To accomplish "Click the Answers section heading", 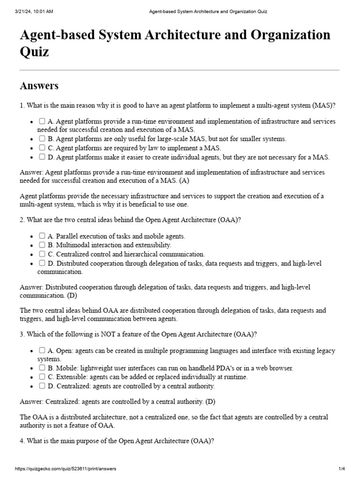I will click(39, 86).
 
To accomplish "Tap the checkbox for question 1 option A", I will click(42, 121).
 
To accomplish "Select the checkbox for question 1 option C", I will click(42, 148).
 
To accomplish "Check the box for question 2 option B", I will click(42, 245).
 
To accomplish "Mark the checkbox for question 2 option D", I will click(42, 263).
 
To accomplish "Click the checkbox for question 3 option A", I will click(42, 350).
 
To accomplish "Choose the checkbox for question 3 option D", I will click(42, 386).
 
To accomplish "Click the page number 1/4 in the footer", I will click(341, 469).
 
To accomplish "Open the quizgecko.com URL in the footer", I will click(66, 469).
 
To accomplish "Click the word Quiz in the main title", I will click(34, 52).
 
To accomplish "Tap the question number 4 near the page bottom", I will click(22, 441).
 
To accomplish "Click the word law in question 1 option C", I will click(142, 148).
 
